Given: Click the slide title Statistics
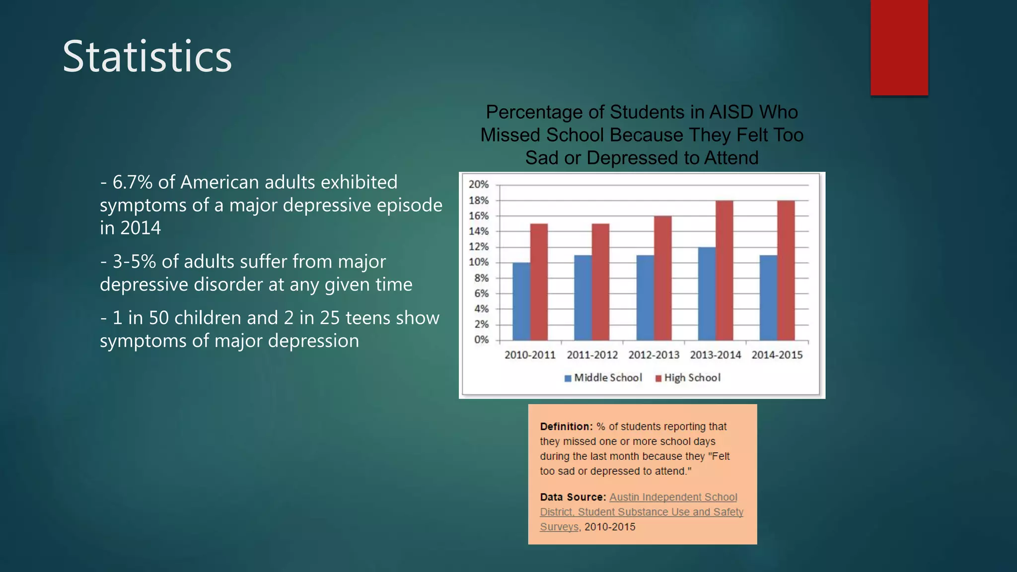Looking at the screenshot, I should pos(147,57).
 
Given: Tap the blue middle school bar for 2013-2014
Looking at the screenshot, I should pos(707,293).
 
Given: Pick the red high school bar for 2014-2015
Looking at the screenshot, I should pos(786,270).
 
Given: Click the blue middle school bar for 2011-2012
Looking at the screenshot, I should pos(583,297).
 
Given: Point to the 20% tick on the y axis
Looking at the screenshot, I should pos(479,185).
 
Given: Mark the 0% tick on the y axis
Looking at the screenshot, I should pos(481,340).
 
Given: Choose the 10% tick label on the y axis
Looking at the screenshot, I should pos(479,262).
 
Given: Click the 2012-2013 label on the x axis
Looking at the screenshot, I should pos(654,355).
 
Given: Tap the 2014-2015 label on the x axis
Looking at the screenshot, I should pos(777,355).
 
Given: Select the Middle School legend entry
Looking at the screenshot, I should pos(603,378).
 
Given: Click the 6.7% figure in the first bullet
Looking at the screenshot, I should pos(132,182).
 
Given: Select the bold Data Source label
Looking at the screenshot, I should pos(573,497).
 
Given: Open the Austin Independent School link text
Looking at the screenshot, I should pos(673,497).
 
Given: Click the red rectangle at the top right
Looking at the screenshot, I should pos(899,47).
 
